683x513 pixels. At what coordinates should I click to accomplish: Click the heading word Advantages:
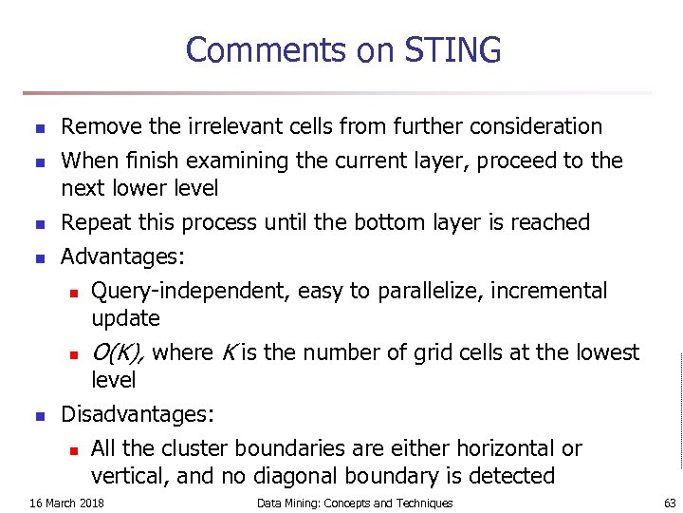coord(122,256)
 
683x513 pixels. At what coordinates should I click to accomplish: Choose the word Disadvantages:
coord(138,414)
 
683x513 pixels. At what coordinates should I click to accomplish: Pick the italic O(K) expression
coord(118,352)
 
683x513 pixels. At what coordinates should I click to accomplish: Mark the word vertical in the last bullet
coord(127,476)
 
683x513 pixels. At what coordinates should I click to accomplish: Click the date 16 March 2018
coord(67,503)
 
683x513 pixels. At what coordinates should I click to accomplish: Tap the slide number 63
coord(670,503)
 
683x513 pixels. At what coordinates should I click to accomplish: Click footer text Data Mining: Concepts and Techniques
coord(355,503)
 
